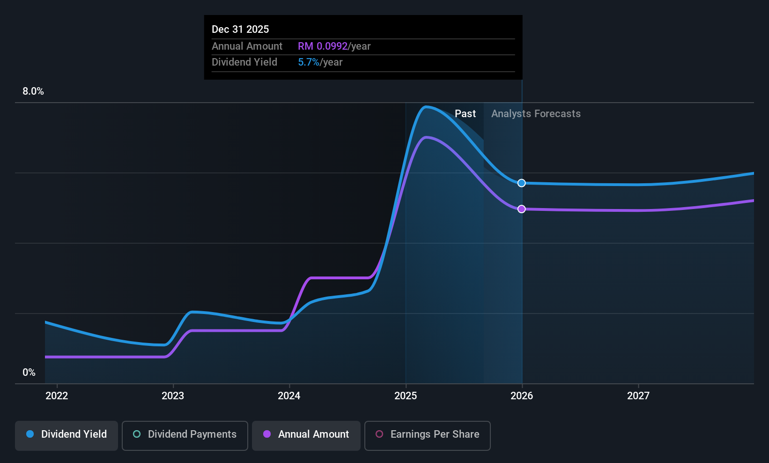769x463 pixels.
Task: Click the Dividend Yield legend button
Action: (66, 435)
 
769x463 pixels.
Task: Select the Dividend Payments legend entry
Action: (185, 435)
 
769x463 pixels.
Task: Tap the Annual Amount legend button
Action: (306, 435)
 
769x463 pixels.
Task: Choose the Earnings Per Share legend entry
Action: (428, 435)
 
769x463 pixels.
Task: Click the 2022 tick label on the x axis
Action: (57, 396)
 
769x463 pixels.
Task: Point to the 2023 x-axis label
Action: (173, 396)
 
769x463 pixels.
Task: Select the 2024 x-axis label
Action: (289, 396)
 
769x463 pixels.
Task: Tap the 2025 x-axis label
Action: (406, 396)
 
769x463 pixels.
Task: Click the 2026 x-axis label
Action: (522, 396)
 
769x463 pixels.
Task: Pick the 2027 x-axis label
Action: (638, 396)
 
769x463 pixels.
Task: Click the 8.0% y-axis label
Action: (33, 91)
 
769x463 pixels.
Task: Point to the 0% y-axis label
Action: (29, 373)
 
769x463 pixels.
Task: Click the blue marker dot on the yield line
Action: (521, 183)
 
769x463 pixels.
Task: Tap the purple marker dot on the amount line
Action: (521, 209)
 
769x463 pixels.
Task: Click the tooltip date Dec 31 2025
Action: (240, 30)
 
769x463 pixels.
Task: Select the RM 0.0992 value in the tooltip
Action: (323, 46)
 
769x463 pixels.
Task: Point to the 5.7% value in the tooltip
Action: (309, 62)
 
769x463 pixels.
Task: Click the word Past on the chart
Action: (465, 114)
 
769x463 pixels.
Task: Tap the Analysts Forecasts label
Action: (536, 114)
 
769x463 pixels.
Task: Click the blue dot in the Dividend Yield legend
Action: (30, 434)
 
